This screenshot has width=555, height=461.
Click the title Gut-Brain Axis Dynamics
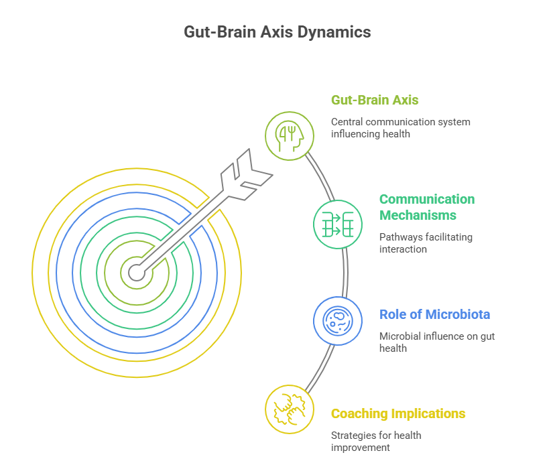click(277, 32)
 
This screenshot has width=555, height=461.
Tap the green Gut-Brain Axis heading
click(375, 101)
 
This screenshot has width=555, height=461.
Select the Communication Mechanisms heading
click(427, 207)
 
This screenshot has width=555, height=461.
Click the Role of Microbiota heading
click(434, 314)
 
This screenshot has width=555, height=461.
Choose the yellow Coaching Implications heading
click(398, 413)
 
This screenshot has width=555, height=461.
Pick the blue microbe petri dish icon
click(338, 321)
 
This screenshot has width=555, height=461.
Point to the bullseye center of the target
click(136, 273)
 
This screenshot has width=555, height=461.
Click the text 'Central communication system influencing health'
click(401, 128)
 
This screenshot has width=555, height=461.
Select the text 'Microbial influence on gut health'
click(437, 342)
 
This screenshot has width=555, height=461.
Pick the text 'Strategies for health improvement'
click(376, 441)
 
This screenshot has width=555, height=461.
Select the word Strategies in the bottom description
click(353, 435)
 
